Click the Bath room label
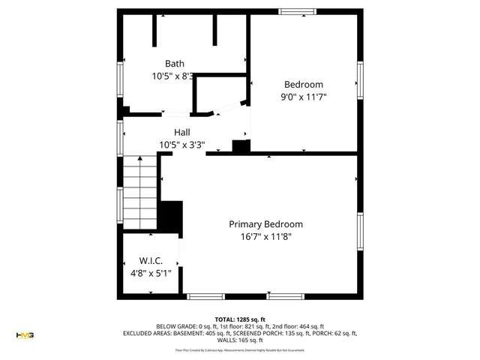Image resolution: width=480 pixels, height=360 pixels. pos(174,64)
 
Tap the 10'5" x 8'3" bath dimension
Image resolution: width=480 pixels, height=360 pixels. pos(174,76)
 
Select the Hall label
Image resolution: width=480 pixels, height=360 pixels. pos(181,132)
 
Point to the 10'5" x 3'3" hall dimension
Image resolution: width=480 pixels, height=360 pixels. pos(181,145)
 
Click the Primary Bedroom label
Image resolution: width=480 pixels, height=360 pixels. pos(265,224)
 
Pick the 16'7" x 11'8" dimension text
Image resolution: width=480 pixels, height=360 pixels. pos(265,237)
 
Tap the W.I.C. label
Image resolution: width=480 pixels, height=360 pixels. pos(151,261)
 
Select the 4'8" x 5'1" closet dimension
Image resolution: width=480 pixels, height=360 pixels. pos(151,274)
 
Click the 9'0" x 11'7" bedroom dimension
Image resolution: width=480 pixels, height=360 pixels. pos(303,97)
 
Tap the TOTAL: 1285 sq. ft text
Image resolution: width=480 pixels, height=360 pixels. pos(240,319)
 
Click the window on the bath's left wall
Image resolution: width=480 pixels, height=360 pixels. pos(119,79)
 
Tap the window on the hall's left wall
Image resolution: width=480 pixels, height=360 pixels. pos(119,138)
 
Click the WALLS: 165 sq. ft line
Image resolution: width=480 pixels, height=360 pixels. pos(240,340)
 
